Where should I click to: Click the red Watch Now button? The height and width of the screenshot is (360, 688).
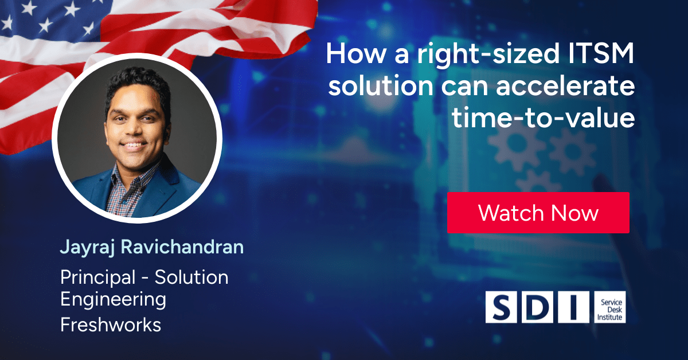[x=538, y=213]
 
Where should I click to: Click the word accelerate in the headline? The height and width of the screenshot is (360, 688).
[x=565, y=86]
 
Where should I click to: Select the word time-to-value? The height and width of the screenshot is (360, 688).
[x=543, y=118]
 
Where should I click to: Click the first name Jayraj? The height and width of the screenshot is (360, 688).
[x=87, y=248]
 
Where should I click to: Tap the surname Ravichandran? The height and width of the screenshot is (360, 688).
[x=182, y=246]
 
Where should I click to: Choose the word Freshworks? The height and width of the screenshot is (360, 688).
[x=111, y=324]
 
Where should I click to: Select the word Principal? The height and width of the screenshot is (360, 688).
[x=97, y=278]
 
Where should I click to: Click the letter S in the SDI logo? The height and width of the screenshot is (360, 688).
[x=501, y=307]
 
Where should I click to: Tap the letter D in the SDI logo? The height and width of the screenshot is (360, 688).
[x=537, y=307]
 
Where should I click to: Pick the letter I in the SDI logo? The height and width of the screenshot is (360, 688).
[x=573, y=307]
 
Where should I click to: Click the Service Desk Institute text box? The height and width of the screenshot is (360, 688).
[x=609, y=307]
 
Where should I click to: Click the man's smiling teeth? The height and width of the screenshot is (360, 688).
[x=133, y=144]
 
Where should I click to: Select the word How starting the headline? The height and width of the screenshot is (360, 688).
[x=356, y=54]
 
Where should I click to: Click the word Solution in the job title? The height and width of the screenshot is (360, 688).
[x=191, y=277]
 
